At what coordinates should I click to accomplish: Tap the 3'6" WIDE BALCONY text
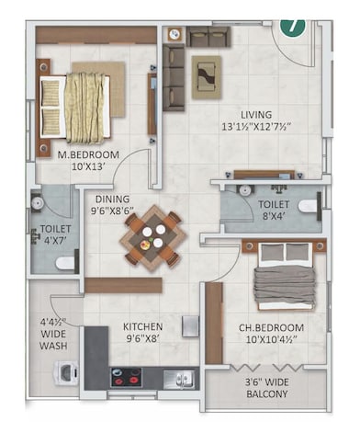tap(264, 387)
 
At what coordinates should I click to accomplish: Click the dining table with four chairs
tap(154, 235)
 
